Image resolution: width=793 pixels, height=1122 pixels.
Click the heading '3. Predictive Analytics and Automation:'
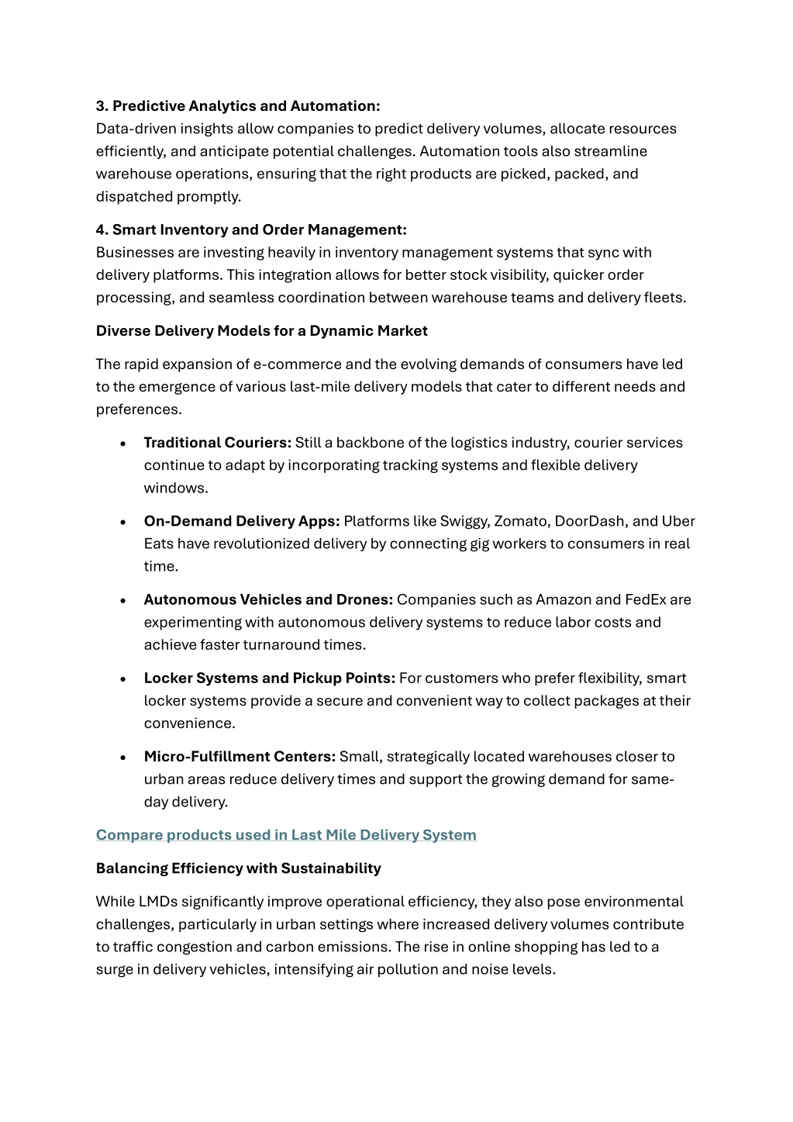coord(238,106)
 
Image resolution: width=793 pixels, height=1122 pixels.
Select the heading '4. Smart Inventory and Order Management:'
coord(251,230)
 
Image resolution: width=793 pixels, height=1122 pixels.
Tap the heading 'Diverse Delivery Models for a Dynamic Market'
coord(261,331)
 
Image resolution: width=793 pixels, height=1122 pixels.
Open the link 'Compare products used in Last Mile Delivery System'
coord(286,835)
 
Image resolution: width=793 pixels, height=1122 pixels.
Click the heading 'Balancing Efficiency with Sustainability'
coord(238,868)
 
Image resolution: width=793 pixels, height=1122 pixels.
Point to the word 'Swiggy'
coord(464,521)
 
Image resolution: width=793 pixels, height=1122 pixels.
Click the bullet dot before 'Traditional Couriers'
coord(123,444)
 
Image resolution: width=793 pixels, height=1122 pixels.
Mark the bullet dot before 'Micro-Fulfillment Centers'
coord(123,758)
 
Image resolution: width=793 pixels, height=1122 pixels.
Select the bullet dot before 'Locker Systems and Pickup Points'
coord(123,679)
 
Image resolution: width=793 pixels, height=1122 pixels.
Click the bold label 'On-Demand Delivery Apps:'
coord(242,521)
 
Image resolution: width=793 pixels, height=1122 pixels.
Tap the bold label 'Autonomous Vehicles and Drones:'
coord(268,599)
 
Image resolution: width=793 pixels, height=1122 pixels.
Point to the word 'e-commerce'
coord(298,364)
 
